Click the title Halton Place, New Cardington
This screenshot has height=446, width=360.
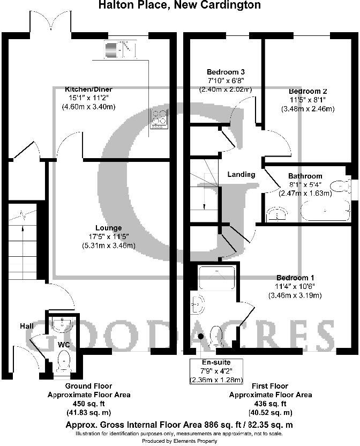click(x=180, y=5)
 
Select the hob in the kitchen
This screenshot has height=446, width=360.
click(x=159, y=119)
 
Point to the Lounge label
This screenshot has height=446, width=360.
click(x=109, y=228)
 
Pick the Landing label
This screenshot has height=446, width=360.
click(x=241, y=174)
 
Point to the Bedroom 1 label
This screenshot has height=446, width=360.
click(x=295, y=278)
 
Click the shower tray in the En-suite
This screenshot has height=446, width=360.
click(x=217, y=278)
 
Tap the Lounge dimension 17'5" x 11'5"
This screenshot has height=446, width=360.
click(x=109, y=236)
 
